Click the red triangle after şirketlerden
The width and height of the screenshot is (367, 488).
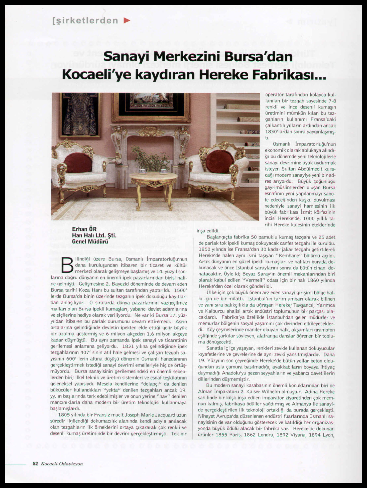click(127, 21)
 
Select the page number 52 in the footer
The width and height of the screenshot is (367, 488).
click(35, 464)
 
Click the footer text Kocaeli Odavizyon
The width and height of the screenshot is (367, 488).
click(62, 464)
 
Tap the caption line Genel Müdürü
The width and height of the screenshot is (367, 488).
click(90, 241)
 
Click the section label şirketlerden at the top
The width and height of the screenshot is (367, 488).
click(85, 21)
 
